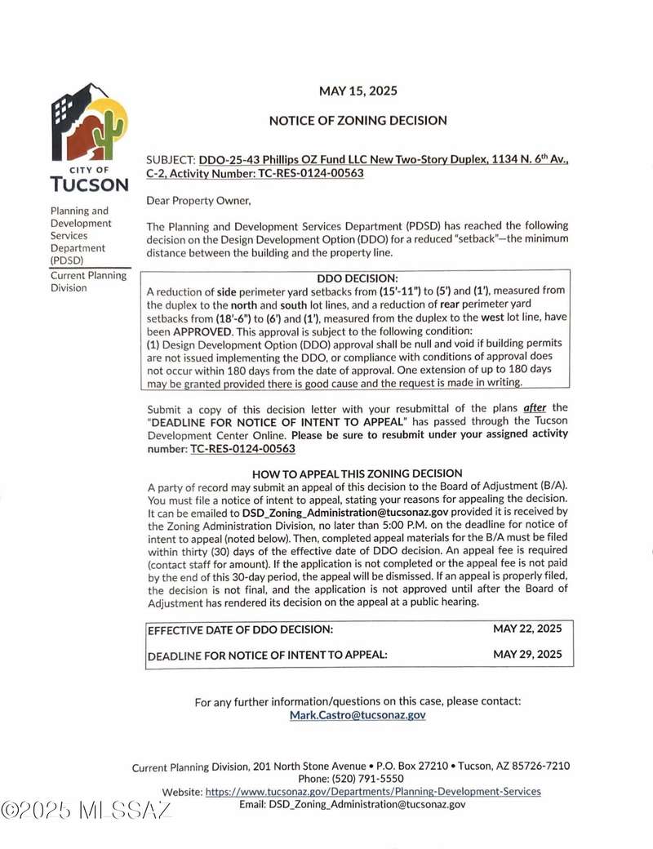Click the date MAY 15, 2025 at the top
tap(358, 91)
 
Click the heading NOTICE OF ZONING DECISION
tap(358, 121)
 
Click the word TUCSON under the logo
tap(89, 184)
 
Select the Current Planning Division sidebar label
tap(89, 281)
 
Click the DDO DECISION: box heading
tap(357, 278)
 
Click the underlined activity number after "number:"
tap(242, 448)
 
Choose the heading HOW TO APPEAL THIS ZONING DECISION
tap(357, 473)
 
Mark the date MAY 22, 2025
tap(527, 629)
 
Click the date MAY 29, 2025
tap(527, 655)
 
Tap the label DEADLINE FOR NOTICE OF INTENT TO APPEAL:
tap(267, 656)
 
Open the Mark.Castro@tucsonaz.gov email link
tap(358, 715)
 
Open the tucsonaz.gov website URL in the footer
tap(373, 791)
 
